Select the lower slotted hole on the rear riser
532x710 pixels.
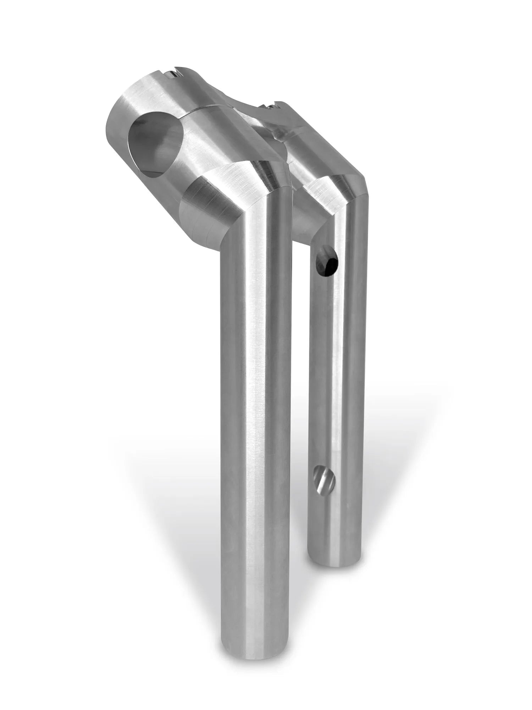click(324, 477)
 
